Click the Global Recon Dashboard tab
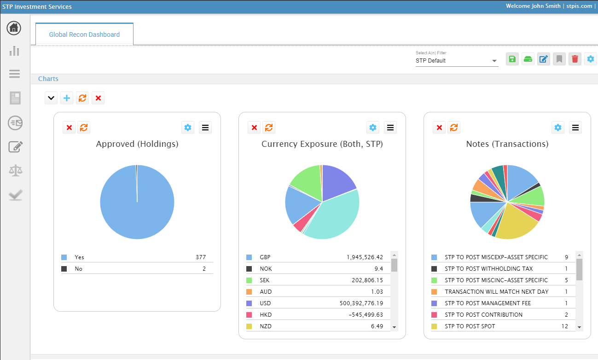coord(84,35)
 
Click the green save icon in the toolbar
coord(512,59)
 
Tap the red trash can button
coord(575,59)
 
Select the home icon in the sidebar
coord(14,28)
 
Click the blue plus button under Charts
coord(67,98)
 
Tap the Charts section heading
coord(48,79)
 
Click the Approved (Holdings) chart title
coord(137,144)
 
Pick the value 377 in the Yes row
coord(200,257)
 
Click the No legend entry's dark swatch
coord(64,269)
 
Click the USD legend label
coord(265,303)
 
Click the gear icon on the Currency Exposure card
coord(373,128)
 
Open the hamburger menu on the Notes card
coord(575,128)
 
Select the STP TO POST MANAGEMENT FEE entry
coord(488,303)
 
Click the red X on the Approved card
coord(69,128)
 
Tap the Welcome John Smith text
coord(533,6)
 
